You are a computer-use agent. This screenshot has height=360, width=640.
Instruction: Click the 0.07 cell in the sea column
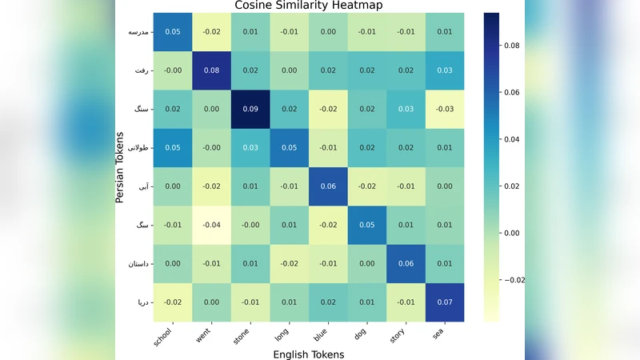(x=446, y=302)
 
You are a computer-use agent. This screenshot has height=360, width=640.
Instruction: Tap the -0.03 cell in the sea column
(x=446, y=109)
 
